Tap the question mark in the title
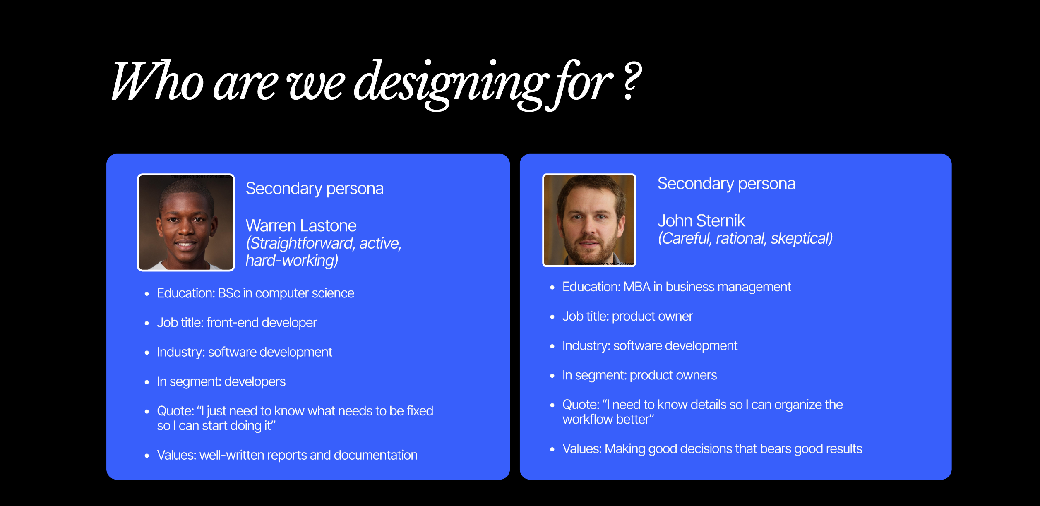[632, 81]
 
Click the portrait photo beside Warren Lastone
[186, 223]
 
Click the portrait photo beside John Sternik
[589, 220]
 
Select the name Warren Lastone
[301, 225]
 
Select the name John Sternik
[701, 221]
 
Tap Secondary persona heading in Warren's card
[315, 189]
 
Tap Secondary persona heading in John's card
[726, 184]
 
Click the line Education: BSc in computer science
[255, 293]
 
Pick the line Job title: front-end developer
[237, 323]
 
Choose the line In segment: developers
[221, 381]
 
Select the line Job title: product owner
[627, 317]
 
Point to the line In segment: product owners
[639, 375]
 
